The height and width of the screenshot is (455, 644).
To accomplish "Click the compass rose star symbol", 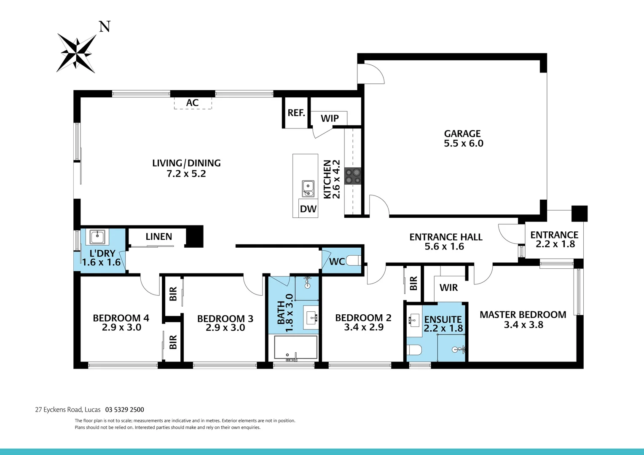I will (77, 53).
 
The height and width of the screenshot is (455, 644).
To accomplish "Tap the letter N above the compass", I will (105, 27).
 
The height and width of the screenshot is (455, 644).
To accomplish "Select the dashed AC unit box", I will (193, 103).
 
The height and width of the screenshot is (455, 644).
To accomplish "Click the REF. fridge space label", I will (296, 113).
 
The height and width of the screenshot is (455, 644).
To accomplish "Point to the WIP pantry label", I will (330, 118).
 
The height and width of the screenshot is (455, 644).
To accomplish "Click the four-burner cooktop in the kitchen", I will (353, 176).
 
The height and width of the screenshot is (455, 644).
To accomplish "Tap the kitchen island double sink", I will (308, 188).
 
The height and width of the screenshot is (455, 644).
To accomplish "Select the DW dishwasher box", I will (308, 209).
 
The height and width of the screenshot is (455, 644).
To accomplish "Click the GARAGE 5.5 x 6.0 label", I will (463, 139).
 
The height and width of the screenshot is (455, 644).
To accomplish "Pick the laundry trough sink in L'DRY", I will (97, 237).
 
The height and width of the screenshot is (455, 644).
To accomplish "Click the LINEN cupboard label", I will (159, 237).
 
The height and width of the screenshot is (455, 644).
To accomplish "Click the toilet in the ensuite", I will (415, 350).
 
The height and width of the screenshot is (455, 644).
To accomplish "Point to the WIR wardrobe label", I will (448, 288).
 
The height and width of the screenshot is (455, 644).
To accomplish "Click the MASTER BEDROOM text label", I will (523, 315).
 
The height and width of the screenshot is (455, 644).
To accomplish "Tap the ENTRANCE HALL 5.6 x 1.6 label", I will (445, 242).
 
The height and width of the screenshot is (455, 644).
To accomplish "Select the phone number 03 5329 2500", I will (125, 409).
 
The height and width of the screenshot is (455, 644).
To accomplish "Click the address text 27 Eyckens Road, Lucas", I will (68, 409).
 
